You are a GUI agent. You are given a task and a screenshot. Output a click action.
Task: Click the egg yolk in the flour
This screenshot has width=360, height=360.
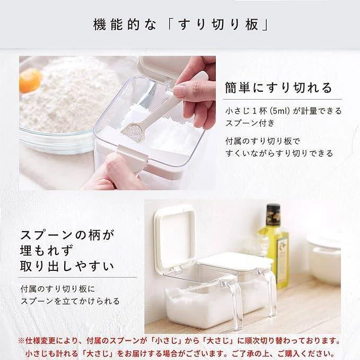[x=30, y=80]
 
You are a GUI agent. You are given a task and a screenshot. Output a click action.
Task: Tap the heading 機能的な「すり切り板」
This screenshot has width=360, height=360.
[x=181, y=24]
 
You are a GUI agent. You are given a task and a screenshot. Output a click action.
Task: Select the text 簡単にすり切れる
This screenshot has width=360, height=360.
[x=279, y=87]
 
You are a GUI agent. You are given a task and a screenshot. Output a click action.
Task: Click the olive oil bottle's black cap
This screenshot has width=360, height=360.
[x=273, y=213]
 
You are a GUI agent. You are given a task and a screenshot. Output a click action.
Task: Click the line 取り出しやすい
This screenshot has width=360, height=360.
[x=67, y=266]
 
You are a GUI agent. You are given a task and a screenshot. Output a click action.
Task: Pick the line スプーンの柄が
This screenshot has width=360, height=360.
[x=67, y=235]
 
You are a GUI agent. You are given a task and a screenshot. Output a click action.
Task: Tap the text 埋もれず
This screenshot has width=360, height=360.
[x=47, y=250]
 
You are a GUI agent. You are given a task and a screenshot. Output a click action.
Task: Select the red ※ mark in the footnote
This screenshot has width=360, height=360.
[x=21, y=341]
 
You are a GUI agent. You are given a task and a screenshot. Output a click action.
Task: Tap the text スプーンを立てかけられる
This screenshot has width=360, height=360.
[x=70, y=301]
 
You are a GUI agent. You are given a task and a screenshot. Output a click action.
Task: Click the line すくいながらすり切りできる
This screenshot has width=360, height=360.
[x=279, y=153]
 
